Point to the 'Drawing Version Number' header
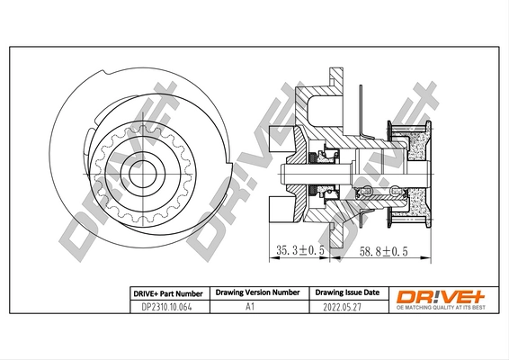256,292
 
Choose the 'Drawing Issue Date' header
346,292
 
